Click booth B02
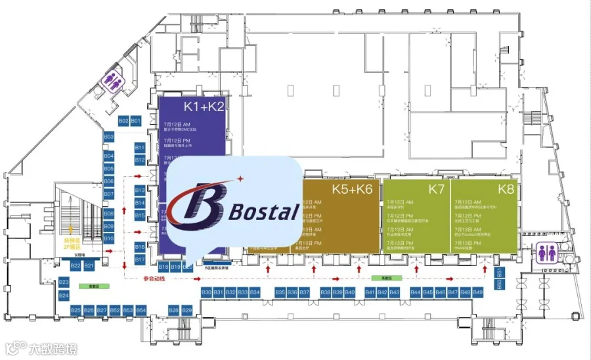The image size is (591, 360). [123, 121]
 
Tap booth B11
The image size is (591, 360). [139, 148]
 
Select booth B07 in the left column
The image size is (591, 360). [109, 194]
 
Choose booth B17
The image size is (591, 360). [139, 259]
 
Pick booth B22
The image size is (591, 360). [76, 265]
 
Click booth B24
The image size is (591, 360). [64, 296]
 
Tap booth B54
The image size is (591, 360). [141, 309]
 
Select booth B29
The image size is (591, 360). [187, 309]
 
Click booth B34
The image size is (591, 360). [255, 292]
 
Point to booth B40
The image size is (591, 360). [350, 292]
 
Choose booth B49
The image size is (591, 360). [478, 292]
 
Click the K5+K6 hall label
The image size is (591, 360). [353, 189]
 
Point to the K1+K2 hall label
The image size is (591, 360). [204, 106]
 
